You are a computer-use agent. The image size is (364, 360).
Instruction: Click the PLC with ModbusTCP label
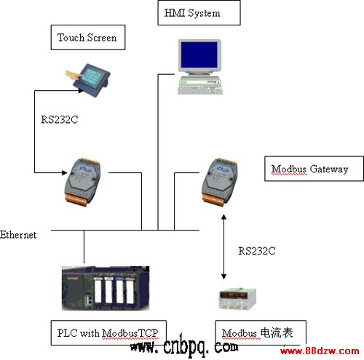[108, 333]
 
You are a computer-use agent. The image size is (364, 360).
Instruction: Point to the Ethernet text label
[18, 235]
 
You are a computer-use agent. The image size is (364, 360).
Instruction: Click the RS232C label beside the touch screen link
[59, 119]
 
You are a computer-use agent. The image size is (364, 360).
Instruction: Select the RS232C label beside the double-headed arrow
[257, 251]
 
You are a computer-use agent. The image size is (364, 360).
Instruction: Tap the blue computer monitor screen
[199, 55]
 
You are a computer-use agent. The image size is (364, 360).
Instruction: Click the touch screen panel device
[91, 80]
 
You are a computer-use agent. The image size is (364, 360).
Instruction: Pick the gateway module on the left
[82, 182]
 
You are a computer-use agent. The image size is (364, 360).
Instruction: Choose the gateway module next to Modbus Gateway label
[220, 182]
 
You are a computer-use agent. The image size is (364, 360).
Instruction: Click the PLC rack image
[106, 288]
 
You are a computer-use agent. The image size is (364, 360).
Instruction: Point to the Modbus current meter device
[237, 299]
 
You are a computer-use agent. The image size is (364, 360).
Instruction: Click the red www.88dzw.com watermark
[320, 351]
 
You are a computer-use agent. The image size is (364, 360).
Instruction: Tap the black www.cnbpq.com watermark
[184, 346]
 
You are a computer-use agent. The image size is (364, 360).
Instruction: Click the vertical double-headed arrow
[223, 247]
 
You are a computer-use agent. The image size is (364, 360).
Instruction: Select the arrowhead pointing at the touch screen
[81, 91]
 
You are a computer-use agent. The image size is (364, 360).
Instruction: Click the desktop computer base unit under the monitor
[200, 85]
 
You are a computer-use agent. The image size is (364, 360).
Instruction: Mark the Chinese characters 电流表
[277, 332]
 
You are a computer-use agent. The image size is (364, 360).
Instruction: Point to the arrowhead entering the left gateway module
[65, 172]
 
